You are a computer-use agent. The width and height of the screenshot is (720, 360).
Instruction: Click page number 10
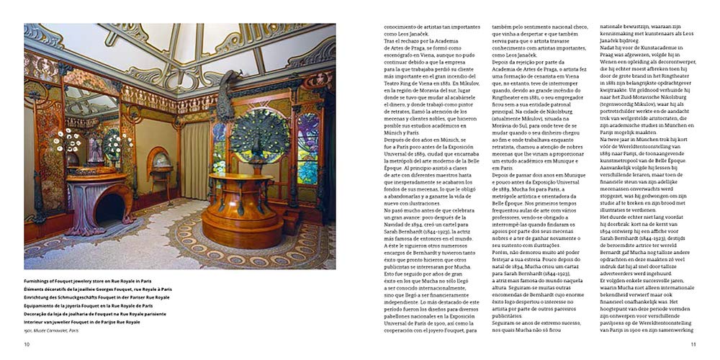coord(27,344)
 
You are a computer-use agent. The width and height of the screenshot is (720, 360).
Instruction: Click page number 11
coord(693,344)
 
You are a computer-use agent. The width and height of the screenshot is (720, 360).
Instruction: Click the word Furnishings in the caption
coord(40,281)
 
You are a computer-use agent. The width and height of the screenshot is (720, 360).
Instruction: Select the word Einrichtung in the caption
coord(39,297)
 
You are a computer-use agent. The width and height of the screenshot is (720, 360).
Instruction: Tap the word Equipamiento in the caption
coord(42,305)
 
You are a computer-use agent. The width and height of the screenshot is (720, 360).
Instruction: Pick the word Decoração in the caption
coord(39,313)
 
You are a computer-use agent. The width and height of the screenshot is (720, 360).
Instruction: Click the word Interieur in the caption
coord(37,321)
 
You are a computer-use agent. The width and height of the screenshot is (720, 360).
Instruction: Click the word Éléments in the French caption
coord(36,289)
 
